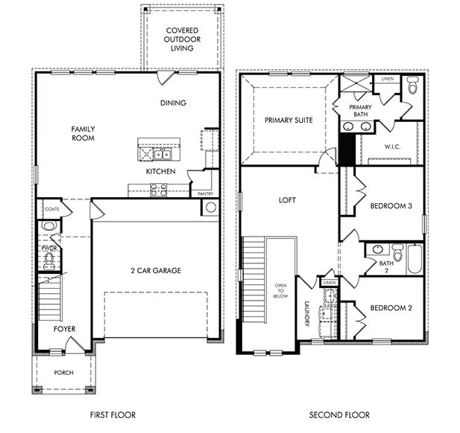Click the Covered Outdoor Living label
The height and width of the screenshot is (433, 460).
coord(181,39)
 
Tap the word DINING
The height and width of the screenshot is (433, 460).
coord(173,103)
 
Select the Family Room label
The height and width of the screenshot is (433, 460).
coord(83,133)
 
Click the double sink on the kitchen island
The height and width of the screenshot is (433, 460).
coord(163,155)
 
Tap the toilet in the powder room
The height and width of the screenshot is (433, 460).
coord(50,258)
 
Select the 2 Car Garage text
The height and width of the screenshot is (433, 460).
coord(156,271)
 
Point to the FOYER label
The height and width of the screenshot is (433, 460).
coord(64,328)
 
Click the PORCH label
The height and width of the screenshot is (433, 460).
coord(64,372)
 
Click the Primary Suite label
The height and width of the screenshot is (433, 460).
coord(288,119)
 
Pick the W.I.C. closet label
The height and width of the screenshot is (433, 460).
coord(392,147)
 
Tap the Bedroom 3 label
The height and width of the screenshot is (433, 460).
coord(391,208)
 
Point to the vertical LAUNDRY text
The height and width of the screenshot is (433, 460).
coord(306,312)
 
